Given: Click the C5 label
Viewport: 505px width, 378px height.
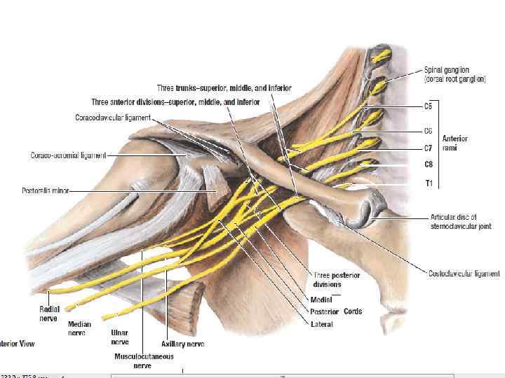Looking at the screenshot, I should pyautogui.click(x=429, y=106).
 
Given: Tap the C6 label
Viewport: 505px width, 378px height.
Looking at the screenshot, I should pyautogui.click(x=429, y=131).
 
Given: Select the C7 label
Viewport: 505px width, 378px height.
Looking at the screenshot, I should pyautogui.click(x=429, y=148).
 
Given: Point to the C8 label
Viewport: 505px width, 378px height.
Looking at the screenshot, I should pyautogui.click(x=429, y=164).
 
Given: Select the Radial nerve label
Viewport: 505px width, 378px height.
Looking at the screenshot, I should pyautogui.click(x=49, y=312).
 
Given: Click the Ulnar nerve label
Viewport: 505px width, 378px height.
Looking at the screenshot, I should pyautogui.click(x=120, y=337).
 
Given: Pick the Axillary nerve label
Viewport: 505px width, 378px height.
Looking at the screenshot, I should pyautogui.click(x=182, y=344).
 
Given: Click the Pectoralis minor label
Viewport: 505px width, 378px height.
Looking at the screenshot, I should pyautogui.click(x=46, y=190).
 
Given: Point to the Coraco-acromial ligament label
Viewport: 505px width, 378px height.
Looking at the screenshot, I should pyautogui.click(x=68, y=155).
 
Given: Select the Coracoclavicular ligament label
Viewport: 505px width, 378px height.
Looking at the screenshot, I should pyautogui.click(x=112, y=117).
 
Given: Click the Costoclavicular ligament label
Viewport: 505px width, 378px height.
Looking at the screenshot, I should pyautogui.click(x=464, y=274).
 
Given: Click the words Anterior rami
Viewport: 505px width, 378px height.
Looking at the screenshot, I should pyautogui.click(x=454, y=143).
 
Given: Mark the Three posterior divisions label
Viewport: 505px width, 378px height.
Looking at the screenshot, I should pyautogui.click(x=337, y=280).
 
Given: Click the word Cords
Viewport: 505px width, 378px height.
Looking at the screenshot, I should pyautogui.click(x=353, y=311).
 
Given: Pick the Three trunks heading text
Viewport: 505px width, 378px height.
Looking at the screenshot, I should pyautogui.click(x=224, y=88).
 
